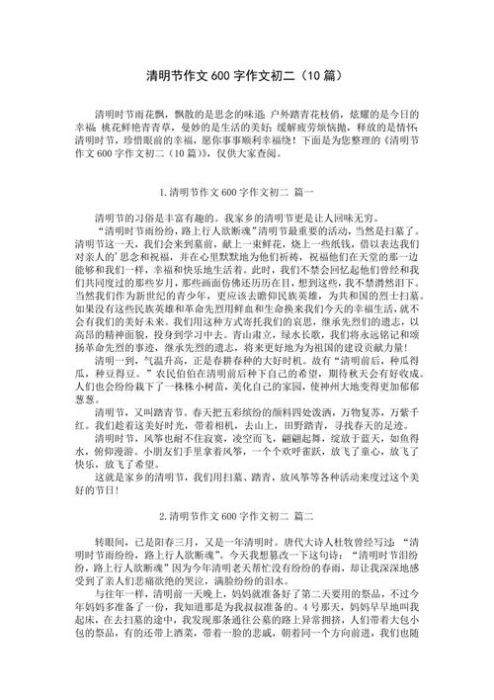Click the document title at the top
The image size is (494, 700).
click(x=246, y=75)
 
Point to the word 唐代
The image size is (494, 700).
click(x=312, y=545)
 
